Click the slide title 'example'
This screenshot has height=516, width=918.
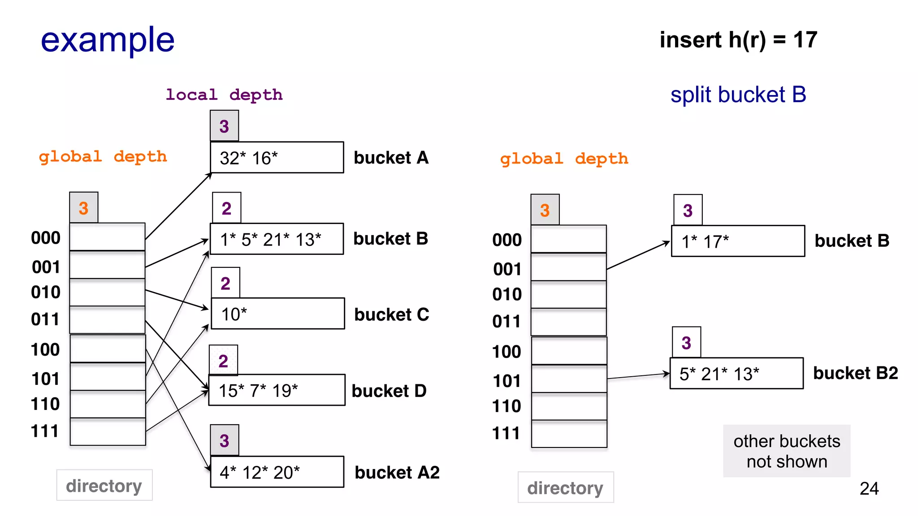pos(108,40)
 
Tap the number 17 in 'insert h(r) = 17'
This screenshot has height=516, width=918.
pos(805,40)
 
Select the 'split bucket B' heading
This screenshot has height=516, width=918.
pos(738,95)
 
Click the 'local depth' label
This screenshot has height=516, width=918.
pos(224,95)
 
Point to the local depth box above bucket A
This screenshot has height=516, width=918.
pos(224,126)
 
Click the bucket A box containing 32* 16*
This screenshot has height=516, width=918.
pos(277,158)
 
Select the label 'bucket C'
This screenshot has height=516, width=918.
pos(391,314)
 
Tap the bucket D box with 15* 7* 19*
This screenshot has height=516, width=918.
pos(277,390)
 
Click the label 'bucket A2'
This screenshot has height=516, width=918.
pos(397,473)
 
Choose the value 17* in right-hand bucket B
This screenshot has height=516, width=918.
pos(716,242)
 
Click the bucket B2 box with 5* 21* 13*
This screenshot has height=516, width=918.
pos(736,374)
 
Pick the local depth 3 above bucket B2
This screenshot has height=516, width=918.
pos(686,343)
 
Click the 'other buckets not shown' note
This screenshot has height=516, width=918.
pos(786,451)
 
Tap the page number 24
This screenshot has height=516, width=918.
pos(869,489)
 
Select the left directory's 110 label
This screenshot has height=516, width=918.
pos(45,404)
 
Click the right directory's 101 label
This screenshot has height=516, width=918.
pos(507,381)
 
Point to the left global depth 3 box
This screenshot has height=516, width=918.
pos(84,208)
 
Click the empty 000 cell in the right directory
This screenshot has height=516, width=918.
pos(568,239)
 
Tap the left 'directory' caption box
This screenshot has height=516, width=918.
pos(104,486)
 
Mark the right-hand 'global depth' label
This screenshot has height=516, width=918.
pos(564,159)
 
